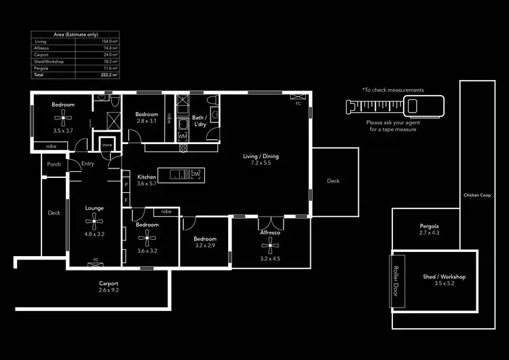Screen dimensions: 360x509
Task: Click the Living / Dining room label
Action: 261,156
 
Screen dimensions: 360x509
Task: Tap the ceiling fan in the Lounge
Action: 94,219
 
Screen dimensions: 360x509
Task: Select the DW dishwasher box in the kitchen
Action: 195,174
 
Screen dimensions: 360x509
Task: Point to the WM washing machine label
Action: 182,137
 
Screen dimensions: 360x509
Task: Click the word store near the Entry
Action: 107,145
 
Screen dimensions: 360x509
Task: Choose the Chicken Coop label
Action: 476,195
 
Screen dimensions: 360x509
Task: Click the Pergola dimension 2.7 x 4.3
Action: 429,233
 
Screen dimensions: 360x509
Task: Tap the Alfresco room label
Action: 269,232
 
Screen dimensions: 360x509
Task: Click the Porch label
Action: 54,164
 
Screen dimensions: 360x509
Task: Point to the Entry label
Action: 88,164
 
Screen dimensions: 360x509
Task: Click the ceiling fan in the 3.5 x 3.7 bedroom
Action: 64,118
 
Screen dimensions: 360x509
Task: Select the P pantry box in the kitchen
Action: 126,183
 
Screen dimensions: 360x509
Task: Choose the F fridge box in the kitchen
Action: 126,200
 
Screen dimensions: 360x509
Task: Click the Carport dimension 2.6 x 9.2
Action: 109,290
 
